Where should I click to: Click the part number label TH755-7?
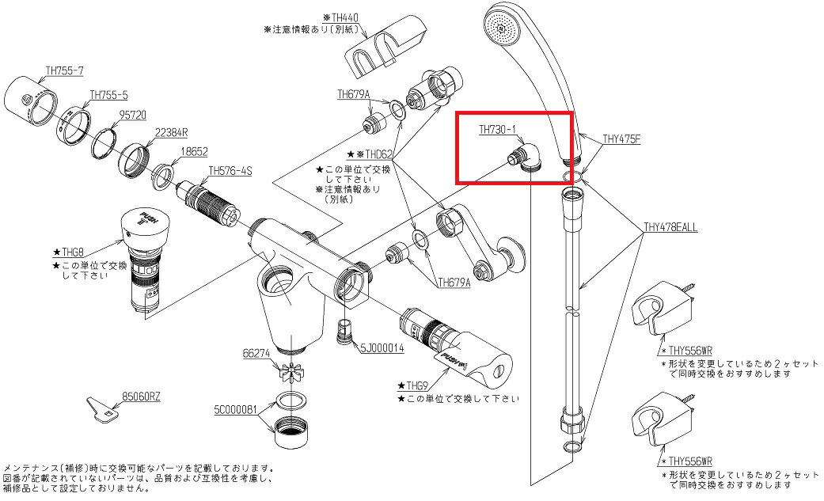coord(65,70)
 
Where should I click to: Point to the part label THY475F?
coord(621,139)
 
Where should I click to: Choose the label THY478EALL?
coord(670,227)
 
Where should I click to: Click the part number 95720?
coord(132,113)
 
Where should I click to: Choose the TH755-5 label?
coord(109,94)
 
